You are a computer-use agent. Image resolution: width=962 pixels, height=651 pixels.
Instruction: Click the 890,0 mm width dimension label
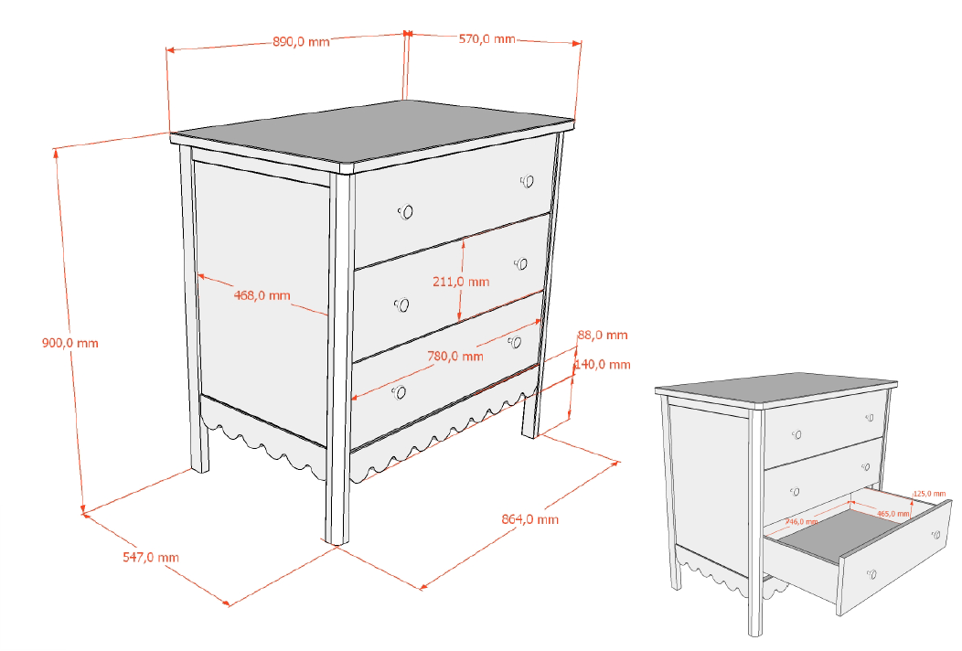301,42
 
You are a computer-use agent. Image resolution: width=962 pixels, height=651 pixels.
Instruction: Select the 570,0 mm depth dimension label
487,39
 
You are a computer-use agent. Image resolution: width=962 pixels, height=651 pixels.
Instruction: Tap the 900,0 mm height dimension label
70,344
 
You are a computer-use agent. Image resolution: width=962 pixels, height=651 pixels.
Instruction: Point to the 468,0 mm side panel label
262,295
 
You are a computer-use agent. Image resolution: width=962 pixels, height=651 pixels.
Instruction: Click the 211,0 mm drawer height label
461,282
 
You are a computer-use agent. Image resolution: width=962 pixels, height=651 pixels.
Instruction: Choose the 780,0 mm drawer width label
454,357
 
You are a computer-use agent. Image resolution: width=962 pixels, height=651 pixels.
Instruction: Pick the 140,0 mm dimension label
603,365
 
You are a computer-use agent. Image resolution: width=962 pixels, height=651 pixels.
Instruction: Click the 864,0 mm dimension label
530,520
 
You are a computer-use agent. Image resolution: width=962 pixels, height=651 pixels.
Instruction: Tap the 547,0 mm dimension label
151,557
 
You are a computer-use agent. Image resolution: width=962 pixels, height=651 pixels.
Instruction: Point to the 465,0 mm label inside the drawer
893,514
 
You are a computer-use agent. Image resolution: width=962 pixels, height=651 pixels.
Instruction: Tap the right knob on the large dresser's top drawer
528,181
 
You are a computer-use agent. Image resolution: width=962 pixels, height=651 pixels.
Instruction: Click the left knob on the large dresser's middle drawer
401,304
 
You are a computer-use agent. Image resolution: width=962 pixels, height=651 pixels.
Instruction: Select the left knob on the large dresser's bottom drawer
398,392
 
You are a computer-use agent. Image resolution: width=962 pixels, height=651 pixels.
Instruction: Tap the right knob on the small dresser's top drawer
868,418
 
